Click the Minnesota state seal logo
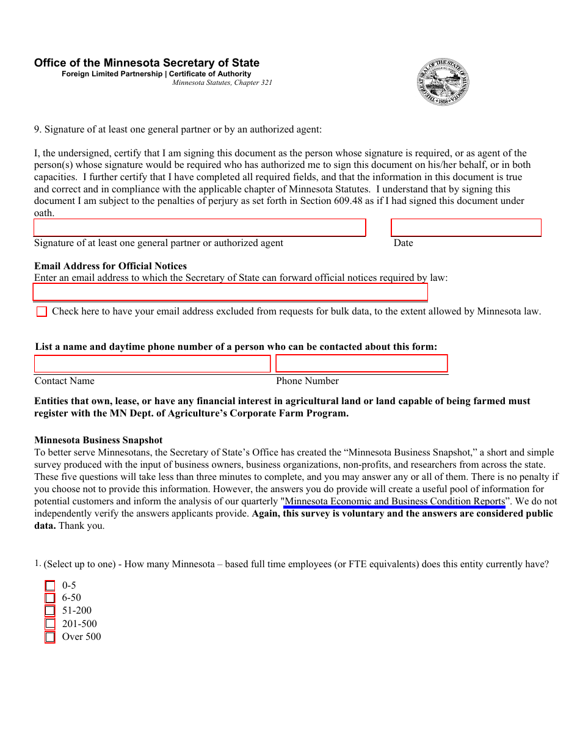coord(443,82)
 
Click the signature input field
coord(200,228)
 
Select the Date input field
coord(466,228)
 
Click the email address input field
coord(230,292)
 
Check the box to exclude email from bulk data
coord(42,312)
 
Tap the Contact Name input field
coord(152,364)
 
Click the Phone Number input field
coord(361,364)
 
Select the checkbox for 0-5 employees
coord(50,586)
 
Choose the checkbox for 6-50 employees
coord(50,598)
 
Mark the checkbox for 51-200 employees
coord(50,611)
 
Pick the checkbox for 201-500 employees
coord(50,624)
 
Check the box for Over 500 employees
coord(50,637)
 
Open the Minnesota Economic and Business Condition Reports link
coord(394,502)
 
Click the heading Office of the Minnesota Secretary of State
coord(147,63)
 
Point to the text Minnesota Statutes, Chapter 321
coord(222,83)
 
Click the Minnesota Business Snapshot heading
coord(98,440)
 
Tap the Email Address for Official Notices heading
coord(111,266)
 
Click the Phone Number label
coord(307,381)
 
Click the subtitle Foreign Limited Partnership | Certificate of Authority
coord(156,74)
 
